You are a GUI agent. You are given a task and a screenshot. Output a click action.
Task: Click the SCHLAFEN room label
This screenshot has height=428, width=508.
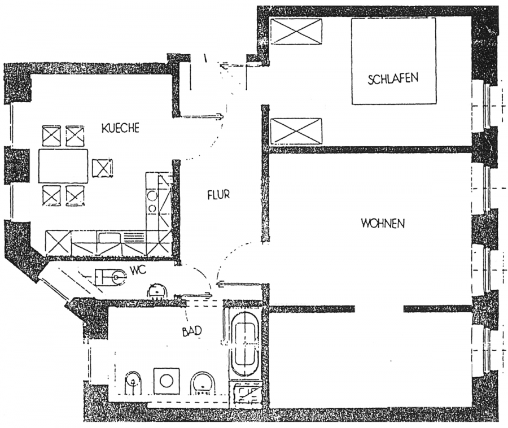[x=393, y=78]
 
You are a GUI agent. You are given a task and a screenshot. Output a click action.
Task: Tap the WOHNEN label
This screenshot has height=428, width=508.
[x=383, y=224]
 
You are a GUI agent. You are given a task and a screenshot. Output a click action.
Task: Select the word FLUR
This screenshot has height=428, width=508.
[x=218, y=194]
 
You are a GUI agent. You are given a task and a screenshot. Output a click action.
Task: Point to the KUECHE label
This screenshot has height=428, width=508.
[x=121, y=128]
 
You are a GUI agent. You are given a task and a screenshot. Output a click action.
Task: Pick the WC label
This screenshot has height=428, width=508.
[x=138, y=270]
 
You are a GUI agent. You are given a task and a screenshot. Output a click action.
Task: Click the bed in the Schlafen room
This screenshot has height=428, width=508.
[x=393, y=61]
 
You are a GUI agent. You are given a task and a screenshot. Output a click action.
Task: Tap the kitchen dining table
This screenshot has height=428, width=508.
[x=63, y=165]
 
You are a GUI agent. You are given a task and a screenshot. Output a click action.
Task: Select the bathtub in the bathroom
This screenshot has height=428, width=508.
[x=246, y=345]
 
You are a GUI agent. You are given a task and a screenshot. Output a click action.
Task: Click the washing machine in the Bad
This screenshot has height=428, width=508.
[x=167, y=381]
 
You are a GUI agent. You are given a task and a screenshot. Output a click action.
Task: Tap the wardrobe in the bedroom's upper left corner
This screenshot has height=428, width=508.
[x=296, y=31]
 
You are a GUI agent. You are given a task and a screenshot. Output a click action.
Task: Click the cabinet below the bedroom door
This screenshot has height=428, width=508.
[x=296, y=131]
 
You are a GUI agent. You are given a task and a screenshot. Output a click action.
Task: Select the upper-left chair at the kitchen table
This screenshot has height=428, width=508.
[x=52, y=136]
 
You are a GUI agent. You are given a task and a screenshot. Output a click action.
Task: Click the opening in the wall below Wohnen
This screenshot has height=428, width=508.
[x=379, y=309]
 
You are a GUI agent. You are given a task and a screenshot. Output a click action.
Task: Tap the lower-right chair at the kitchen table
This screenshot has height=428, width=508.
[x=75, y=196]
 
